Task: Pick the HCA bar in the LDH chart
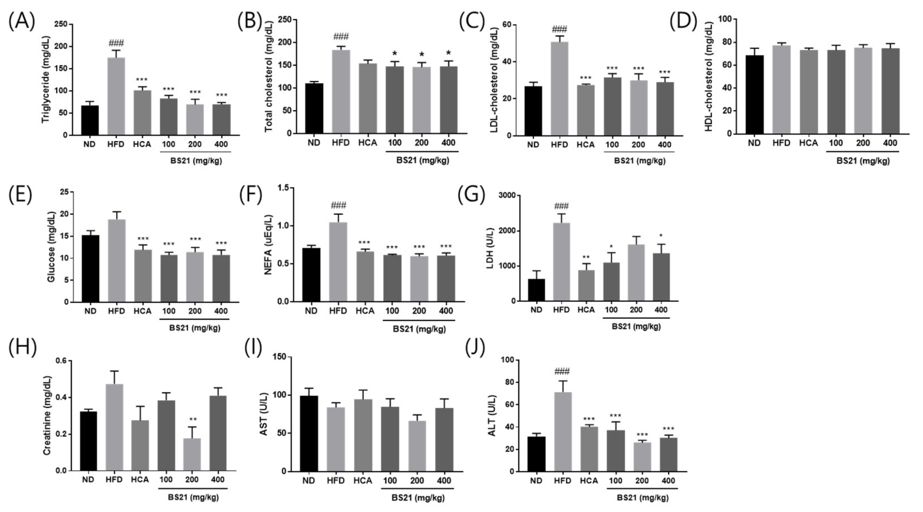(586, 285)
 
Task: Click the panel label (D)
(683, 22)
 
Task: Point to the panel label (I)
(253, 347)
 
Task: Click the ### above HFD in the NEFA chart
(338, 205)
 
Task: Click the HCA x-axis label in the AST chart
(363, 481)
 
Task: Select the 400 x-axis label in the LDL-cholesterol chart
(665, 145)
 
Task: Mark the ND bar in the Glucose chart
(90, 268)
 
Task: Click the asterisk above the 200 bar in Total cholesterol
(422, 55)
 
